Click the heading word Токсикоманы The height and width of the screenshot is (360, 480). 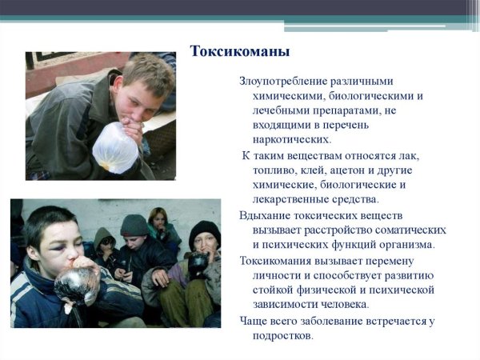(x=240, y=52)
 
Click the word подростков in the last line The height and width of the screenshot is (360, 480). (x=285, y=336)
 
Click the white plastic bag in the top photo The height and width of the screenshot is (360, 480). (x=117, y=146)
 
